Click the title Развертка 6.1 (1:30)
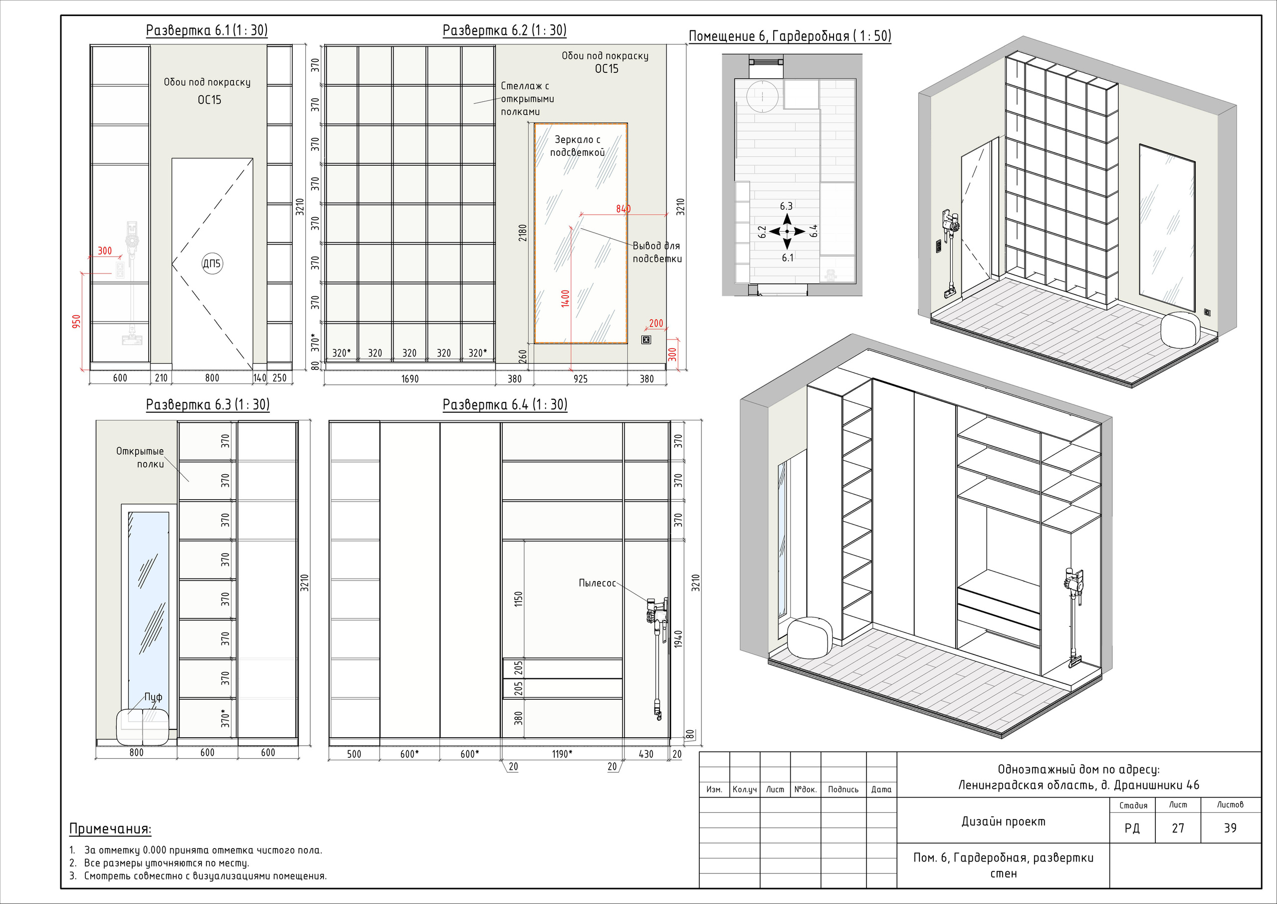207,30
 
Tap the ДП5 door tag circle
212,264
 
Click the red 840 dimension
623,209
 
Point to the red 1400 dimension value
565,299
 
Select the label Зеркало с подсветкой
577,146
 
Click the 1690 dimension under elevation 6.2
410,379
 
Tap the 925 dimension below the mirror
580,379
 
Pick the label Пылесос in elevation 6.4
597,584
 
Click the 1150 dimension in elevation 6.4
518,599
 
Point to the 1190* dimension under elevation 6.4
562,754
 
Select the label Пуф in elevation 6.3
154,697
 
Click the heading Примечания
110,829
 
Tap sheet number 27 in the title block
1178,828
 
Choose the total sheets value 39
1230,828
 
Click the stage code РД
1132,828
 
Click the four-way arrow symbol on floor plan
787,231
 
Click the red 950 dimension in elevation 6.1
76,321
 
